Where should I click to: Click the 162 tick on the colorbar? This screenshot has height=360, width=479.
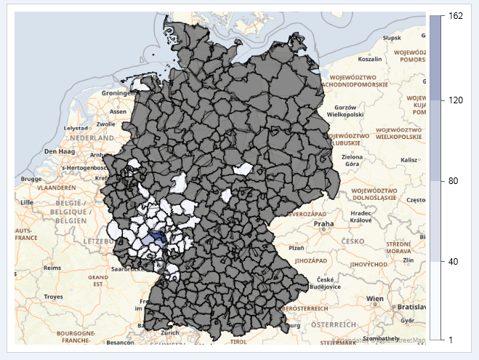point(456,15)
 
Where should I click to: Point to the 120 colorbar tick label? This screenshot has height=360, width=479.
point(456,100)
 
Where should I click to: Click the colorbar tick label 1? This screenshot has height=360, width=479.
point(451,340)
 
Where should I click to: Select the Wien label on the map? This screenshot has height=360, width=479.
point(374,298)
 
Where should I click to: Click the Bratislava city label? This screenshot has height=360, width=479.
point(408,308)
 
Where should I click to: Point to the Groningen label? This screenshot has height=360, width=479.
point(119,93)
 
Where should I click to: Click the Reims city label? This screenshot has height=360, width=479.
point(52,268)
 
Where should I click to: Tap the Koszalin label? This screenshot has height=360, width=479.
point(369,60)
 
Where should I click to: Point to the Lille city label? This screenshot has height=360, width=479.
point(27,201)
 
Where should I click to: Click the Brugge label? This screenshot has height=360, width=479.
point(31,178)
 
